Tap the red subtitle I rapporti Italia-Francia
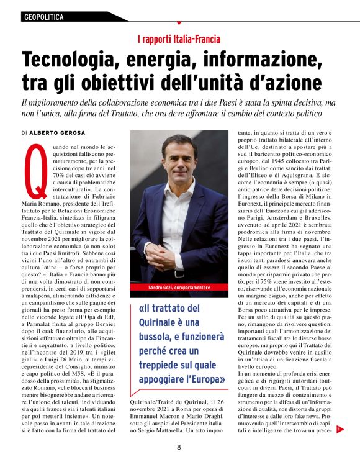coord(179,40)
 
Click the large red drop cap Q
coord(35,170)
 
